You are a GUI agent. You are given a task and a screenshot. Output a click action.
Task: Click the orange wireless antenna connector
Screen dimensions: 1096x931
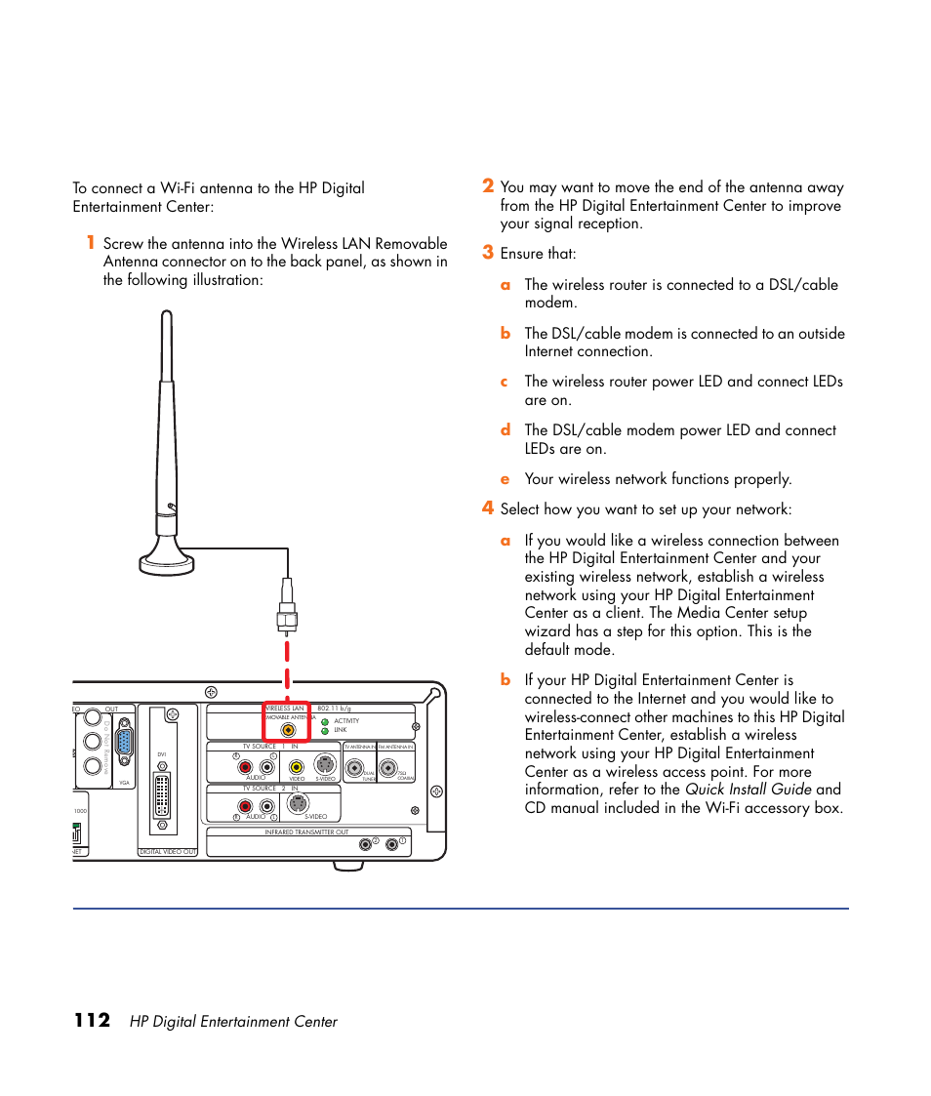[x=288, y=728]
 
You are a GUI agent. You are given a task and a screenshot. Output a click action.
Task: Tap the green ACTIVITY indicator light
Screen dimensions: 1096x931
[x=325, y=721]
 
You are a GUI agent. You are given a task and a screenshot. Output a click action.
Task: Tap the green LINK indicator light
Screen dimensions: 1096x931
[x=325, y=730]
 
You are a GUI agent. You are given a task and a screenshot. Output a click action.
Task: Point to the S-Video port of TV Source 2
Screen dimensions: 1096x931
[x=298, y=805]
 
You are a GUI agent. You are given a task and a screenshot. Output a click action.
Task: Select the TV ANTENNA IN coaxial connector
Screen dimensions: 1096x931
[x=359, y=767]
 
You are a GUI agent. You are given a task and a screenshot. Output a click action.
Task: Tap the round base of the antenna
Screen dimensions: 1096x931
[x=167, y=561]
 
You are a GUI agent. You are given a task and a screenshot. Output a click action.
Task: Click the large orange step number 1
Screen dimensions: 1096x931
[x=89, y=243]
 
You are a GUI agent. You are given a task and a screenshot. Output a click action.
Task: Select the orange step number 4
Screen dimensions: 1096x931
[x=487, y=508]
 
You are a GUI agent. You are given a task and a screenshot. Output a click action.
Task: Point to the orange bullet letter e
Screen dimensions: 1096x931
[x=506, y=479]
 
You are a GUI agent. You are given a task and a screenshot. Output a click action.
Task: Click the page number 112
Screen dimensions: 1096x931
[x=92, y=1021]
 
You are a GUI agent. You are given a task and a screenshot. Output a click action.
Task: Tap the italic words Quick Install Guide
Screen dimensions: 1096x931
[x=748, y=790]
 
